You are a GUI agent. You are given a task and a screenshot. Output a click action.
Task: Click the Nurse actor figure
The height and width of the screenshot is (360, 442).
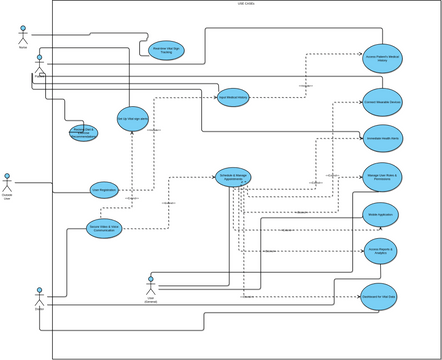23,34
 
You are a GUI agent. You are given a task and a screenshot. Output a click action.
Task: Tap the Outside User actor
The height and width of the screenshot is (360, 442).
7,182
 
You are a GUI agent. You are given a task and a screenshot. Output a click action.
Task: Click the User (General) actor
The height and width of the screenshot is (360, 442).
151,284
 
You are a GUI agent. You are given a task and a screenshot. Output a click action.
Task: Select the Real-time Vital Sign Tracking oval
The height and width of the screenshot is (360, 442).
166,49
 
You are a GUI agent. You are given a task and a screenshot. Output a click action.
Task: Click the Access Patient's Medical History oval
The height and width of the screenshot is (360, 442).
382,58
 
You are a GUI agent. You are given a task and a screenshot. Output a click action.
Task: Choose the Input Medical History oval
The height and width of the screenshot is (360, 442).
233,97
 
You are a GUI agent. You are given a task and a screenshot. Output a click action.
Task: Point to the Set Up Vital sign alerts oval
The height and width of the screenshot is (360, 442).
132,118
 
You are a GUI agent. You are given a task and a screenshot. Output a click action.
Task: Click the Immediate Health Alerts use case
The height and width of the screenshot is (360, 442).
382,138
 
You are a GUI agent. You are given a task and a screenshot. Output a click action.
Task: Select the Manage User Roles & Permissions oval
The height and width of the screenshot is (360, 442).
382,177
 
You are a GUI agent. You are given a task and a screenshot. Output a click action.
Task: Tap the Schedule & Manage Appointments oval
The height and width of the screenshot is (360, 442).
233,177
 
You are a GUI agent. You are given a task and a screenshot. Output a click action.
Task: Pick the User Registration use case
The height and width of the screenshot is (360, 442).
104,188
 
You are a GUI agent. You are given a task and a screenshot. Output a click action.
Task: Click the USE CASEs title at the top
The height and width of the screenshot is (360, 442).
246,4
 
